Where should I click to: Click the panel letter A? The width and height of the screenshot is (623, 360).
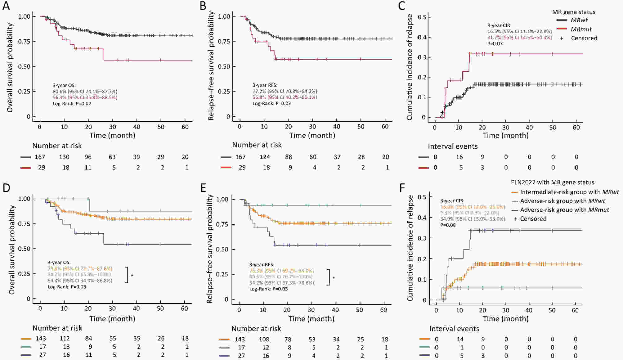(6, 6)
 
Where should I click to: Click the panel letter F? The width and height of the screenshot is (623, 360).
(402, 188)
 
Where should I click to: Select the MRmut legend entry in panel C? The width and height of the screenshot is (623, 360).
(581, 29)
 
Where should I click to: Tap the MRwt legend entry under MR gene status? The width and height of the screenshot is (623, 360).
(579, 20)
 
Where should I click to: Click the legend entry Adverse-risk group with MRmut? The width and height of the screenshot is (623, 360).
(564, 210)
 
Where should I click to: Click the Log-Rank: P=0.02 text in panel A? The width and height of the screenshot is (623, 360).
(72, 104)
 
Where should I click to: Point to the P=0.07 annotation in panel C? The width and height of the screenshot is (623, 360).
(495, 44)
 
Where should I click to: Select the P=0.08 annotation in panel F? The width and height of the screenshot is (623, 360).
(448, 225)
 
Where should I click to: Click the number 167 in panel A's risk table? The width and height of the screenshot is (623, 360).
(40, 157)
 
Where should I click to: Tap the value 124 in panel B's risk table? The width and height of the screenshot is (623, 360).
(265, 157)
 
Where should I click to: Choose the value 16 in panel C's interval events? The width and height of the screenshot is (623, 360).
(459, 157)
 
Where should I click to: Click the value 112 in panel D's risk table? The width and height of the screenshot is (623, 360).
(65, 339)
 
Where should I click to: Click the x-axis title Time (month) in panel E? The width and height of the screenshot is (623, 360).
(311, 319)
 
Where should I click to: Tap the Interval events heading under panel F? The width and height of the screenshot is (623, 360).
(454, 329)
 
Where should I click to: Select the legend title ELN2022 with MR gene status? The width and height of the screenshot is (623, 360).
(552, 182)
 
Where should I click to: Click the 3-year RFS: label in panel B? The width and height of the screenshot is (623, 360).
(265, 85)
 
